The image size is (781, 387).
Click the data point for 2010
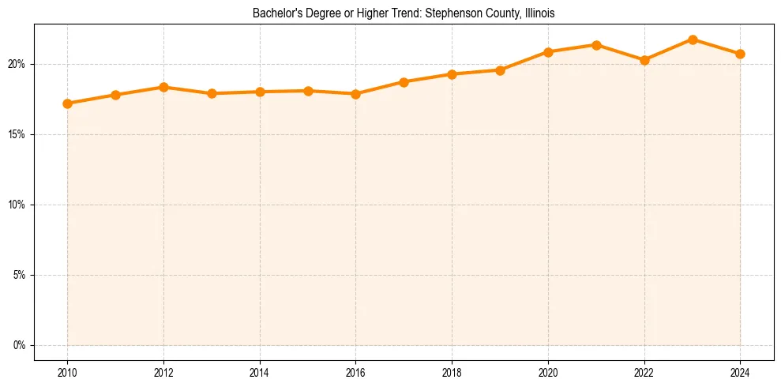[67, 103]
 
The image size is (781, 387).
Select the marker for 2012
[163, 87]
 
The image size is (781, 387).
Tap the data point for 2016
[355, 94]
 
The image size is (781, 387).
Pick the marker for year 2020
[548, 52]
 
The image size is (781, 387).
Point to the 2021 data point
[596, 45]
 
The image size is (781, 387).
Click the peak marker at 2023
[693, 39]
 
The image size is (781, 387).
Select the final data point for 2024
[740, 54]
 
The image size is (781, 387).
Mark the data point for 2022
[644, 60]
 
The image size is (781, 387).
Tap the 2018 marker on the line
[452, 74]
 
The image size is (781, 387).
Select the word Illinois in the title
[539, 13]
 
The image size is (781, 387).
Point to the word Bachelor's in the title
[274, 13]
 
